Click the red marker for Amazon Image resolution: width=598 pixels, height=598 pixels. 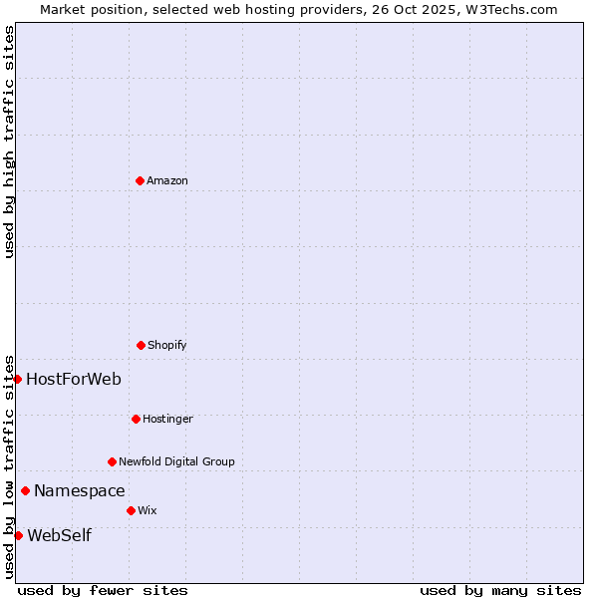pyautogui.click(x=140, y=180)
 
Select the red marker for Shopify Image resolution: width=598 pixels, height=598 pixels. pyautogui.click(x=141, y=345)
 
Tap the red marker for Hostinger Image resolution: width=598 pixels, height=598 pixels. pyautogui.click(x=136, y=419)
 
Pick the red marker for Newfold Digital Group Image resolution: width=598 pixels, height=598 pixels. pyautogui.click(x=112, y=461)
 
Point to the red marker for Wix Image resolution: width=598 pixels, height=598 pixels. pyautogui.click(x=131, y=510)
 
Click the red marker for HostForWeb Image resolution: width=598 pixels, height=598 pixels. pyautogui.click(x=17, y=379)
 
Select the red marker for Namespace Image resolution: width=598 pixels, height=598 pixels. pyautogui.click(x=25, y=490)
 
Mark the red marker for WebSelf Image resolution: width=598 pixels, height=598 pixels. pyautogui.click(x=18, y=535)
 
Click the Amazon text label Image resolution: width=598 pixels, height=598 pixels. pyautogui.click(x=167, y=180)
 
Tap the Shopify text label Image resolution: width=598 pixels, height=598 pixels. pyautogui.click(x=167, y=345)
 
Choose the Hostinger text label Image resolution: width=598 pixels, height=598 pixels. pyautogui.click(x=167, y=419)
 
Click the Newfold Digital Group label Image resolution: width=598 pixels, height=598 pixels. pyautogui.click(x=176, y=461)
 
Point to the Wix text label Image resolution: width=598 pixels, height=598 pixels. pyautogui.click(x=148, y=510)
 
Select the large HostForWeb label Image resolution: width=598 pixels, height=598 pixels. pyautogui.click(x=74, y=379)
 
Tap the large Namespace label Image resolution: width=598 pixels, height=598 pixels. pyautogui.click(x=80, y=490)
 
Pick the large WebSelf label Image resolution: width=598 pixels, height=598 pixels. pyautogui.click(x=59, y=535)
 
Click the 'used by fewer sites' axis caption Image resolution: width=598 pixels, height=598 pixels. pyautogui.click(x=103, y=590)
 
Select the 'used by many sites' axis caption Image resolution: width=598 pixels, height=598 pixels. pyautogui.click(x=500, y=590)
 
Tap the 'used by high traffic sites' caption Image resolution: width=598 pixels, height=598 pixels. pyautogui.click(x=9, y=142)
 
